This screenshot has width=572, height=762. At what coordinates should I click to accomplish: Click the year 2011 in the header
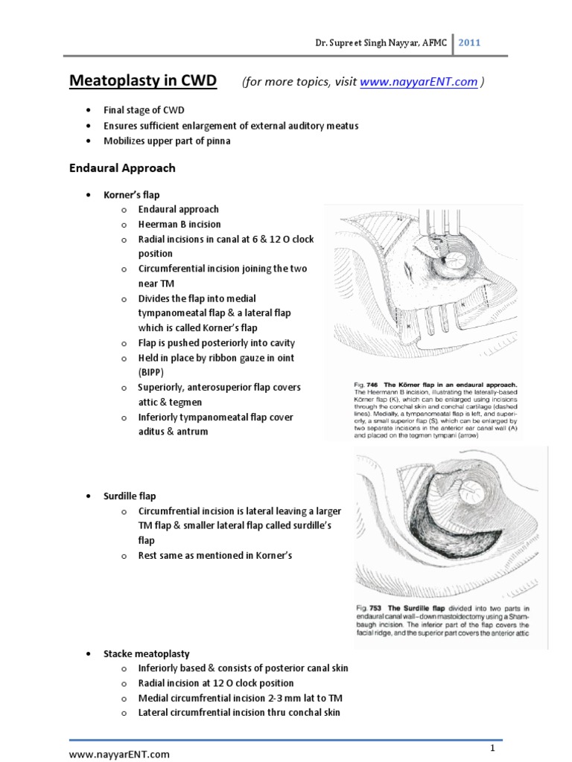pos(469,42)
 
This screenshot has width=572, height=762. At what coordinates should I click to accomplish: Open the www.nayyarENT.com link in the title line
pos(418,82)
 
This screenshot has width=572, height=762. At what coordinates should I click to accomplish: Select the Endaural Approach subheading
pos(122,168)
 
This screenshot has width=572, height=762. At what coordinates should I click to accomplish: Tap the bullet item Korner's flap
pos(132,194)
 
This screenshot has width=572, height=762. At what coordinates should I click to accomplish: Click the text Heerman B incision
pos(179,224)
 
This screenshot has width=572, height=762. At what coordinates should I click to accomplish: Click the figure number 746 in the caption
pos(376,384)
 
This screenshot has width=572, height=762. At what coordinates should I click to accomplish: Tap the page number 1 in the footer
pos(493,746)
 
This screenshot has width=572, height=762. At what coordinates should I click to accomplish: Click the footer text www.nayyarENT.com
pos(120,755)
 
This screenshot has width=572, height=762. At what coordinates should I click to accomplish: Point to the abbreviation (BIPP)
pos(150,372)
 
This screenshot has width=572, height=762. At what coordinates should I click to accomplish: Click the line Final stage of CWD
pos(149,110)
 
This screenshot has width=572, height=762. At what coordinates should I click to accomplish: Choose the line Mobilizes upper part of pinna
pos(167,141)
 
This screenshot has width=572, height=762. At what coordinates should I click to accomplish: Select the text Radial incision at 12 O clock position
pos(216,683)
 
